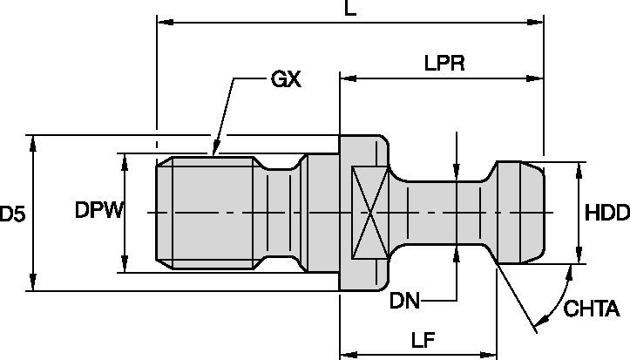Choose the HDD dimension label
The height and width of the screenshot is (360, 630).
coord(605,212)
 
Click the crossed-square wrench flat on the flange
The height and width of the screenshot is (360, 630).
coord(366,212)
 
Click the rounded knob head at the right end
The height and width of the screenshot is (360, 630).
coord(521,212)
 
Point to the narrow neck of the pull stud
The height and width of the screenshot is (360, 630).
coord(444,212)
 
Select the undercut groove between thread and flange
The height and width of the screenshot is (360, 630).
coord(281,212)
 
